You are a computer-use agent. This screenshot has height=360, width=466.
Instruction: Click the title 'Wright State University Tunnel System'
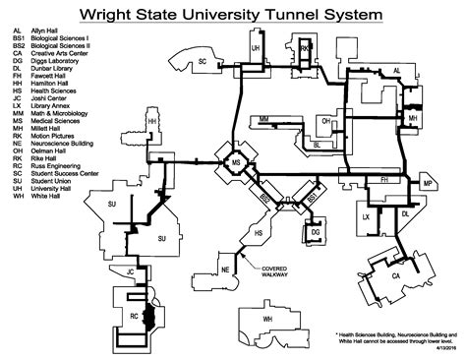click(232, 15)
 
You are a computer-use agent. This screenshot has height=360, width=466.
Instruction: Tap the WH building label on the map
click(266, 321)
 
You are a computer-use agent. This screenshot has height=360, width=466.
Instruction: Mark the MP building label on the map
click(427, 184)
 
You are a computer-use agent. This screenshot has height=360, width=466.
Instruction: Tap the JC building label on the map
click(130, 269)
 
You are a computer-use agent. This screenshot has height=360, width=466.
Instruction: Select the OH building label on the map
click(325, 123)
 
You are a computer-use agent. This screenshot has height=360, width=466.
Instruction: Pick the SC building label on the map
click(202, 61)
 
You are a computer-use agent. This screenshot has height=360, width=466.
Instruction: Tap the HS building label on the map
click(259, 233)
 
